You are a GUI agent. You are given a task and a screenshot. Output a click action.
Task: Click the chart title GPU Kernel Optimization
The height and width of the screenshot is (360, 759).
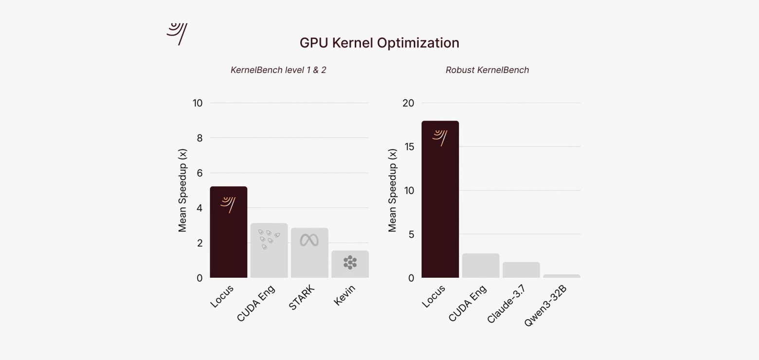pyautogui.click(x=379, y=43)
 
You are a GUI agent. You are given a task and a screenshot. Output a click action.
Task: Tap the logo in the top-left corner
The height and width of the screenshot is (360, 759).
pyautogui.click(x=177, y=34)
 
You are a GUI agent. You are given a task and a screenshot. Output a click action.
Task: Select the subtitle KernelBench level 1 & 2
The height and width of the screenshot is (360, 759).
pyautogui.click(x=278, y=70)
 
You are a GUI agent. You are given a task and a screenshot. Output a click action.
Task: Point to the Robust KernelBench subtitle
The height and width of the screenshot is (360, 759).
pyautogui.click(x=487, y=70)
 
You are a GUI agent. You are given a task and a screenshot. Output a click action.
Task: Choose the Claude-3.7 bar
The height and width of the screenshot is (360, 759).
pyautogui.click(x=521, y=270)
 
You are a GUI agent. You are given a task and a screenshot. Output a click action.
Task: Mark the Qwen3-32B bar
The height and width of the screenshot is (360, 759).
pyautogui.click(x=561, y=276)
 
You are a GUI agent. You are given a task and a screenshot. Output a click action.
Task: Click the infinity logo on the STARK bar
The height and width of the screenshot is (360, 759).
pyautogui.click(x=309, y=240)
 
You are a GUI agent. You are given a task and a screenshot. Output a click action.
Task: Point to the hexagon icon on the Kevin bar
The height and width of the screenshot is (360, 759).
pyautogui.click(x=350, y=263)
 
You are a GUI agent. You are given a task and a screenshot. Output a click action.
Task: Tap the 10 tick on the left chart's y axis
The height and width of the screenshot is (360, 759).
pyautogui.click(x=198, y=103)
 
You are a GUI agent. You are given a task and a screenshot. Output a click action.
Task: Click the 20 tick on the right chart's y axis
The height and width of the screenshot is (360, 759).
pyautogui.click(x=408, y=103)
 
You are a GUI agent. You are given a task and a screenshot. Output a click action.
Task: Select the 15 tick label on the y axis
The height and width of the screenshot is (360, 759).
pyautogui.click(x=408, y=147)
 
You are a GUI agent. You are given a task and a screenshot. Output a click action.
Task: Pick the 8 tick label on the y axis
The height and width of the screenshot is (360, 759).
pyautogui.click(x=199, y=138)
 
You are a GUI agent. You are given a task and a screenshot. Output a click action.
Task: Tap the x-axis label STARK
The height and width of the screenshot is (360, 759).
pyautogui.click(x=302, y=297)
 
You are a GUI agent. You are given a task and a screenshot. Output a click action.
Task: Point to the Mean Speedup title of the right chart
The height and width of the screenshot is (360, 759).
pyautogui.click(x=393, y=190)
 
